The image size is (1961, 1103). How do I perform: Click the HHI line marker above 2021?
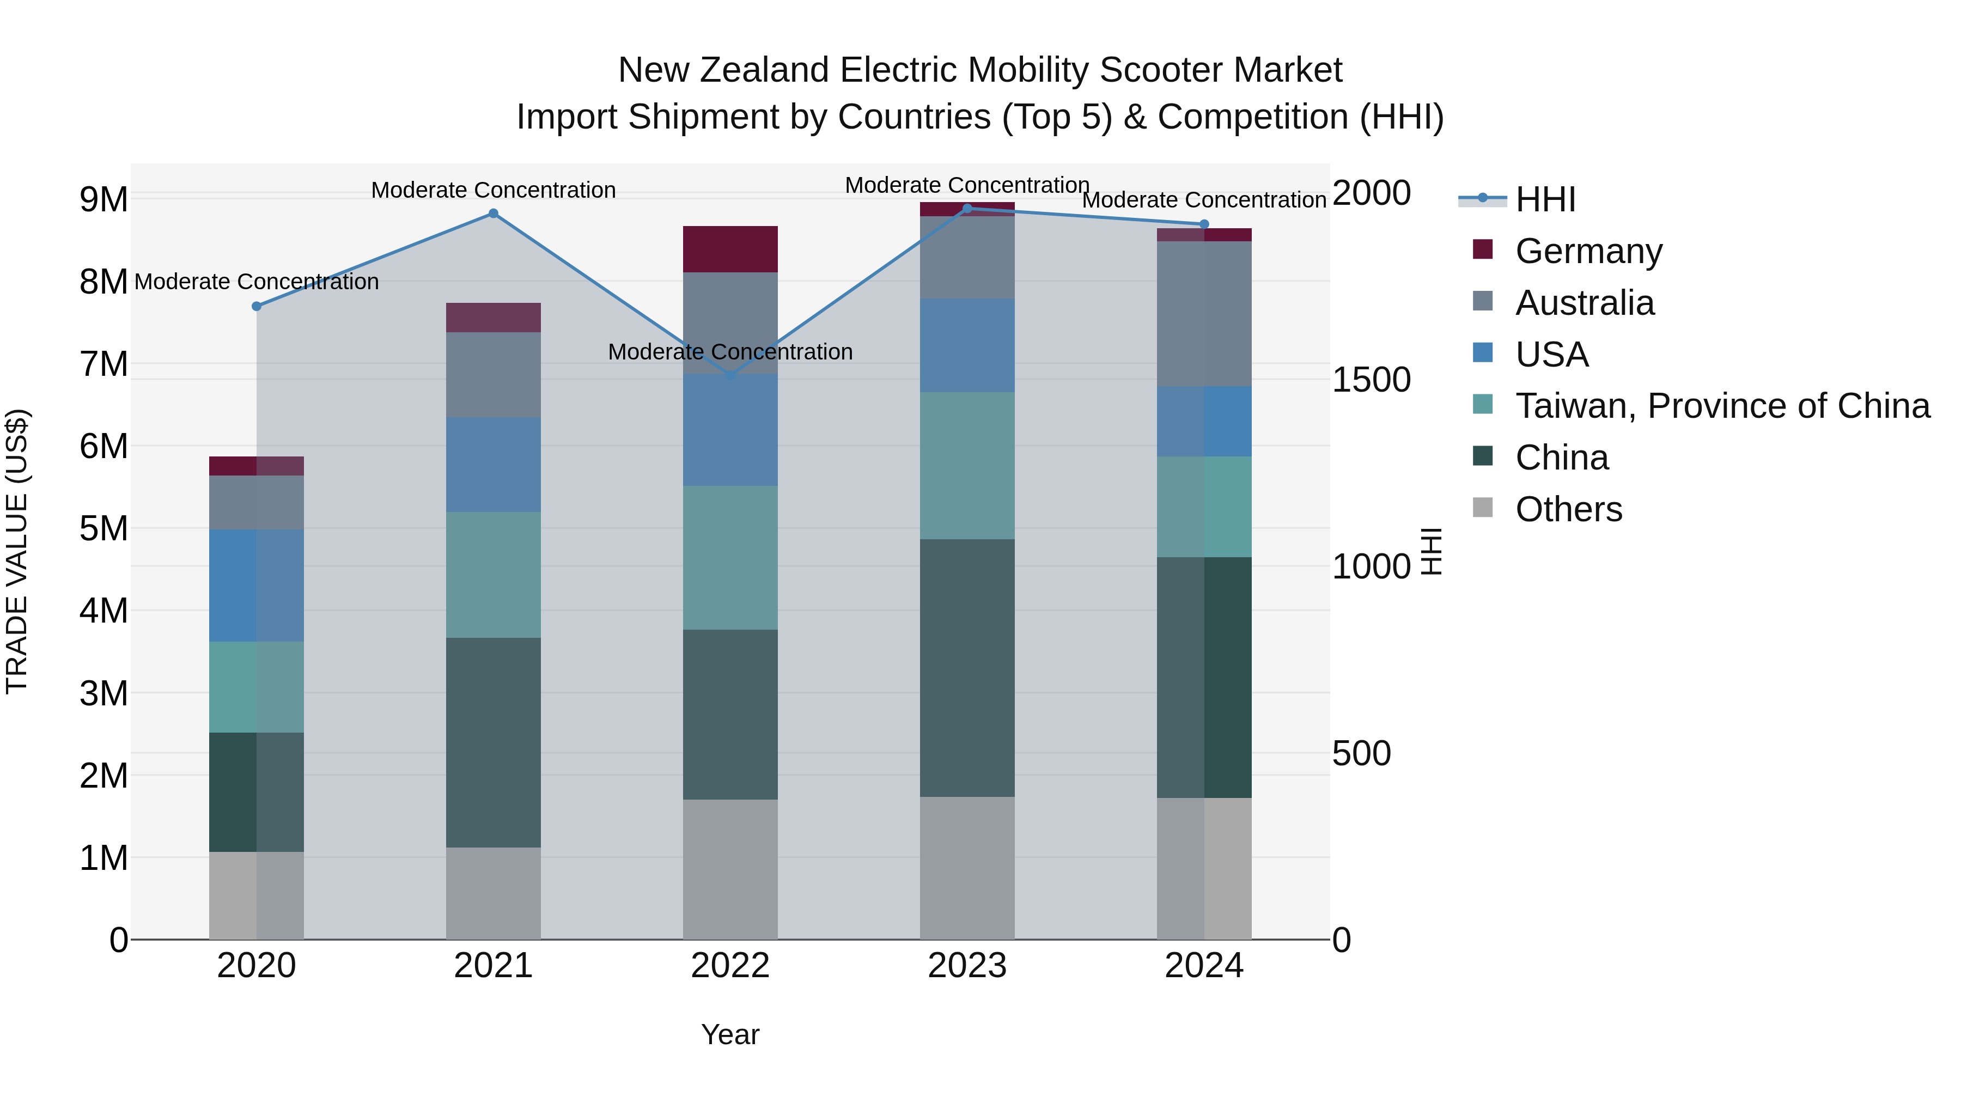[x=494, y=213]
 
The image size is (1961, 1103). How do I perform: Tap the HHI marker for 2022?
[x=730, y=375]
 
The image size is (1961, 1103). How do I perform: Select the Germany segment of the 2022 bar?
[x=730, y=249]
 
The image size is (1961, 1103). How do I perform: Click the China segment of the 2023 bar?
[x=967, y=668]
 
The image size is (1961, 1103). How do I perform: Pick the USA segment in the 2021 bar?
[x=494, y=464]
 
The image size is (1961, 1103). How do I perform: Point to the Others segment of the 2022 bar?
[x=730, y=869]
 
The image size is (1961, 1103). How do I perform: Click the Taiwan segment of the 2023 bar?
[x=967, y=466]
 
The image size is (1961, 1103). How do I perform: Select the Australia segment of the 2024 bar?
[x=1203, y=314]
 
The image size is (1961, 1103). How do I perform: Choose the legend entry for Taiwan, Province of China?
[x=1722, y=406]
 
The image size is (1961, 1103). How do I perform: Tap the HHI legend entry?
[x=1545, y=199]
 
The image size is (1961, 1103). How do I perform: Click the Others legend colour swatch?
[x=1482, y=507]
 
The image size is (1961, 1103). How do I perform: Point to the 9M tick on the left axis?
[x=103, y=199]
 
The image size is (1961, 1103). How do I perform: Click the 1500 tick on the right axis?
[x=1371, y=380]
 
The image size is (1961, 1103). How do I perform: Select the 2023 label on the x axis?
[x=967, y=966]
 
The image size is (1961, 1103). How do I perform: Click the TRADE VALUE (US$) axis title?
[x=17, y=551]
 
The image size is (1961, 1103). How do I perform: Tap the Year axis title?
[x=730, y=1034]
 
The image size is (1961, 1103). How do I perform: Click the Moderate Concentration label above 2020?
[x=257, y=282]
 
